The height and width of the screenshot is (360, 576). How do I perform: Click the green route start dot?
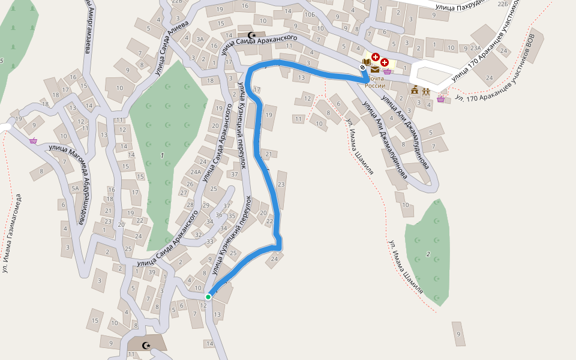(x=208, y=296)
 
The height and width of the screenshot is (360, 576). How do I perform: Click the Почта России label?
(x=375, y=82)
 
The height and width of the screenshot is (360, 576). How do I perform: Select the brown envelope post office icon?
(x=375, y=70)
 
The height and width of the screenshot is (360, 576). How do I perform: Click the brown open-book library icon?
(x=366, y=61)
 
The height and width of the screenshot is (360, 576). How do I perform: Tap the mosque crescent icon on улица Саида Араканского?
(x=251, y=35)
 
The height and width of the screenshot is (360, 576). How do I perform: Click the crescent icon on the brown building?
(x=146, y=345)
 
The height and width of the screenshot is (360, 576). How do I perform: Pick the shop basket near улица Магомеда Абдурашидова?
(x=33, y=140)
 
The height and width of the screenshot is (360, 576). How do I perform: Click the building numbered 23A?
(x=476, y=47)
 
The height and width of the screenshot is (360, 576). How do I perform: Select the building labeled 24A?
(x=196, y=172)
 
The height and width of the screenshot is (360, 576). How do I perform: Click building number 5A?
(x=75, y=188)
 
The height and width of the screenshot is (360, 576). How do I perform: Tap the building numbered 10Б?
(x=310, y=14)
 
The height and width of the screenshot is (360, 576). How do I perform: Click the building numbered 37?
(x=234, y=174)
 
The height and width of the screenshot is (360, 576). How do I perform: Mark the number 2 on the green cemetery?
(x=428, y=254)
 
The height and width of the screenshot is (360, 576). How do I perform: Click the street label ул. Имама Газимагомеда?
(x=11, y=233)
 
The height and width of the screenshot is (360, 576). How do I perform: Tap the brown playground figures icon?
(x=425, y=91)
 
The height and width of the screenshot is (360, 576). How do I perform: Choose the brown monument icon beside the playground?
(x=415, y=90)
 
